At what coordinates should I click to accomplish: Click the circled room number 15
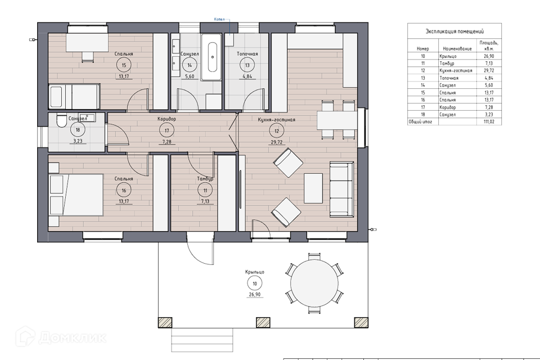124,65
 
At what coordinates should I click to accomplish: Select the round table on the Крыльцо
314,283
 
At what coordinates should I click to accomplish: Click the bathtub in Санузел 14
211,57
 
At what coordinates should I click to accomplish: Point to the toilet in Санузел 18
62,120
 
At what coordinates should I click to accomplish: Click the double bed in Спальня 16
76,195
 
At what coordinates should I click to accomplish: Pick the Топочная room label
247,54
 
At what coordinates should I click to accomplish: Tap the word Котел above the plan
219,20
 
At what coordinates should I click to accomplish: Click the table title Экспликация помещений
454,31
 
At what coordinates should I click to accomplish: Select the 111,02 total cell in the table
489,121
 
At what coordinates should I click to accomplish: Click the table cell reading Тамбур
447,64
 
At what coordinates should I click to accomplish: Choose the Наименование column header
457,48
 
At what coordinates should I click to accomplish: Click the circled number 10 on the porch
255,284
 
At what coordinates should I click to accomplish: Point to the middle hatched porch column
263,322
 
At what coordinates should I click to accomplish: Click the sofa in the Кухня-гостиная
341,189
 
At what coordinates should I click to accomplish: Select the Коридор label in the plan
166,119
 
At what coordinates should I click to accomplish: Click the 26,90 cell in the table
489,56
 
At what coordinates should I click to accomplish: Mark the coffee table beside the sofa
313,188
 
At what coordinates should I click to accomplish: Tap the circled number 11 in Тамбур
205,191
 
